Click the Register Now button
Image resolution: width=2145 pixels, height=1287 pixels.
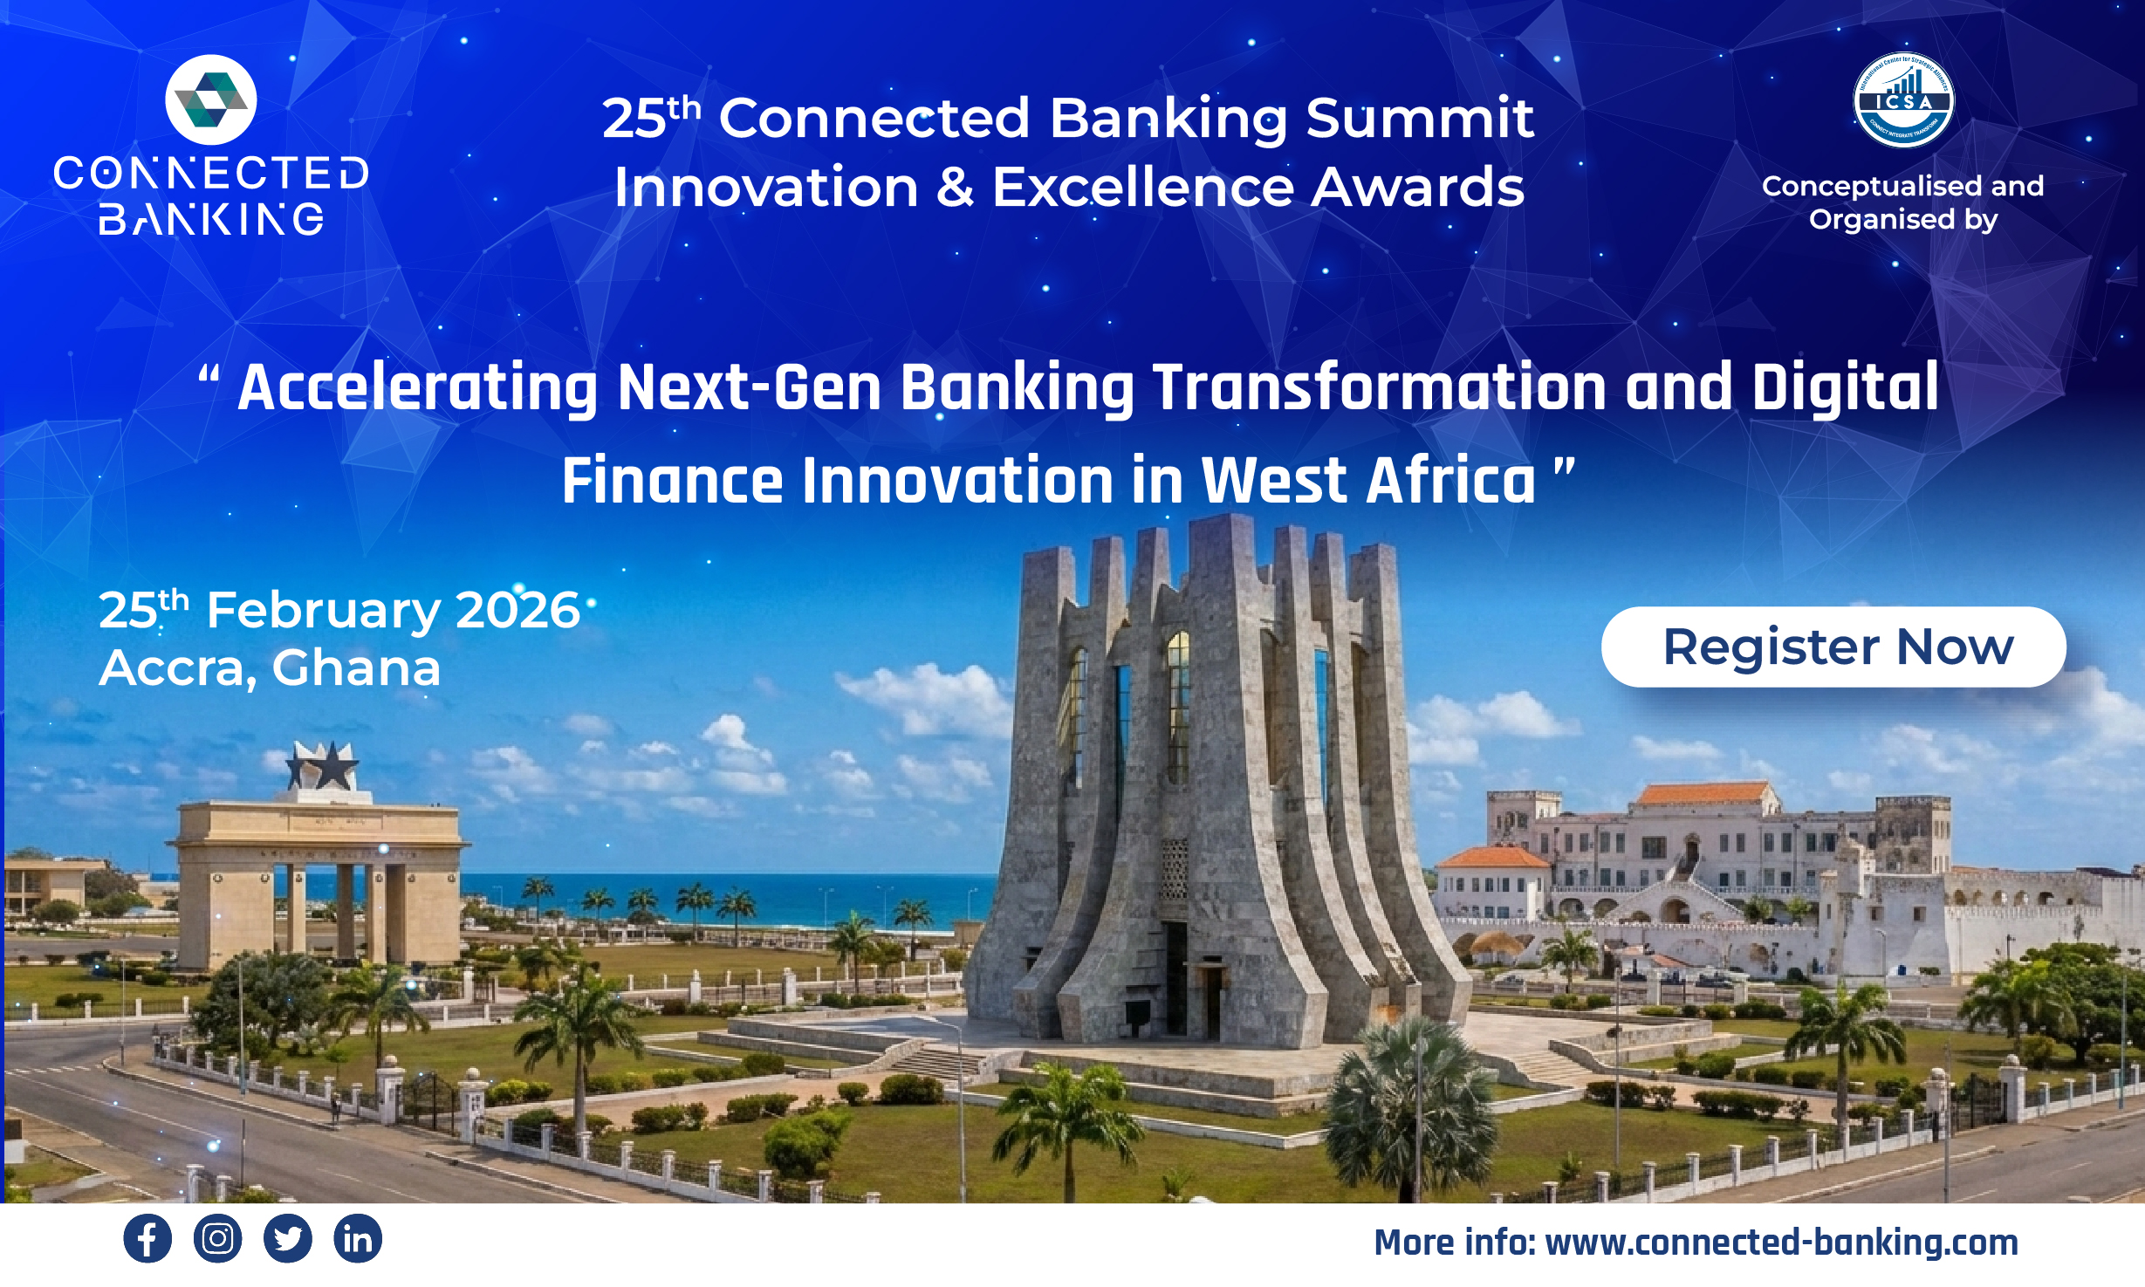coord(1833,647)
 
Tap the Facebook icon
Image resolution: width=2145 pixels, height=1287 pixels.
coord(147,1238)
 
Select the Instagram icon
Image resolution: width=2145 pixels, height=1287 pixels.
coord(217,1238)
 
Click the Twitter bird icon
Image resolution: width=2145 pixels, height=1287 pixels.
coord(287,1238)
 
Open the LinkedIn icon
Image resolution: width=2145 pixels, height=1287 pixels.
coord(358,1238)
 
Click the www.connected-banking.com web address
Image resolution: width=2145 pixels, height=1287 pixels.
coord(1780,1243)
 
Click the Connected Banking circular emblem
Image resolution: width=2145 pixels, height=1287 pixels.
coord(211,99)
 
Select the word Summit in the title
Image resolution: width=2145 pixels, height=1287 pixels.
coord(1420,119)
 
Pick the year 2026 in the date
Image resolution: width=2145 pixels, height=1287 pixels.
coord(517,610)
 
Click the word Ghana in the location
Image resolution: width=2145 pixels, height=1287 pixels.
coord(356,668)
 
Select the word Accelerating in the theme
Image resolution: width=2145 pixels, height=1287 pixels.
coord(418,388)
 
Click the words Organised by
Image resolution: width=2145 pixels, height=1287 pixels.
coord(1902,220)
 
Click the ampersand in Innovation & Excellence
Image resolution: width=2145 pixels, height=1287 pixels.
coord(955,188)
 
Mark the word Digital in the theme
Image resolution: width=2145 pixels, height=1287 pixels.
coord(1845,387)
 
